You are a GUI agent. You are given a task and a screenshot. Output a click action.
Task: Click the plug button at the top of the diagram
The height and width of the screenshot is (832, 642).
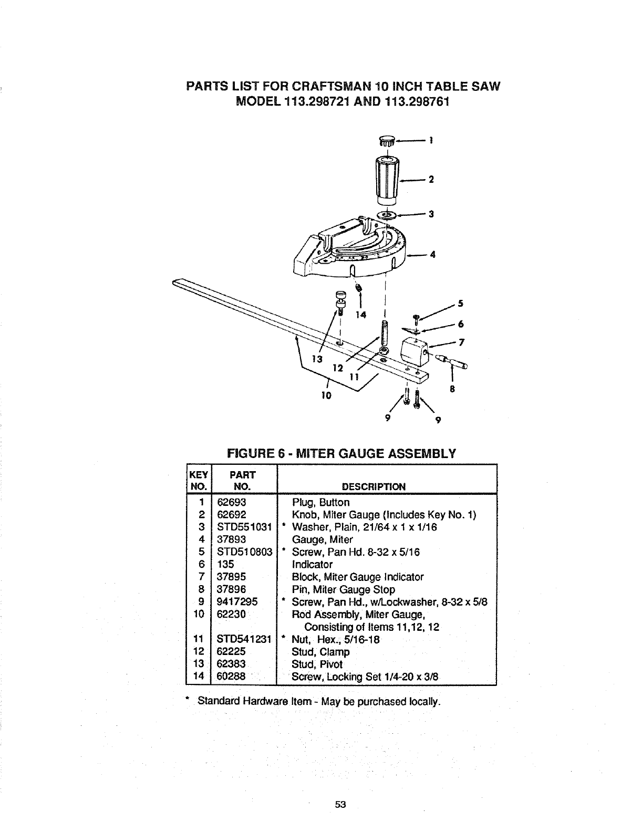387,141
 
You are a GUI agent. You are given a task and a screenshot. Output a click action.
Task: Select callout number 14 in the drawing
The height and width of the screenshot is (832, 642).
360,315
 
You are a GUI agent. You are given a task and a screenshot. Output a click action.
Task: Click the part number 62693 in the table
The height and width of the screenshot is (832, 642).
231,502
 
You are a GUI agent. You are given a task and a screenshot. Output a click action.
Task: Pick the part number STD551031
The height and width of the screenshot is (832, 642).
243,527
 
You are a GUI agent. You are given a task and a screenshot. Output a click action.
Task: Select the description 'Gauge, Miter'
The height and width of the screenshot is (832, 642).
322,539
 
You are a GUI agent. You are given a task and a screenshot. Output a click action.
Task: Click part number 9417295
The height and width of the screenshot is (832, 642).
236,602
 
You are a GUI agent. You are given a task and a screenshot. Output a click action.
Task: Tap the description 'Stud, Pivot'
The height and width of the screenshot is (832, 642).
317,664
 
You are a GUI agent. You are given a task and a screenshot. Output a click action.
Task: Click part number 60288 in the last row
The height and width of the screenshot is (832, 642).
231,677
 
